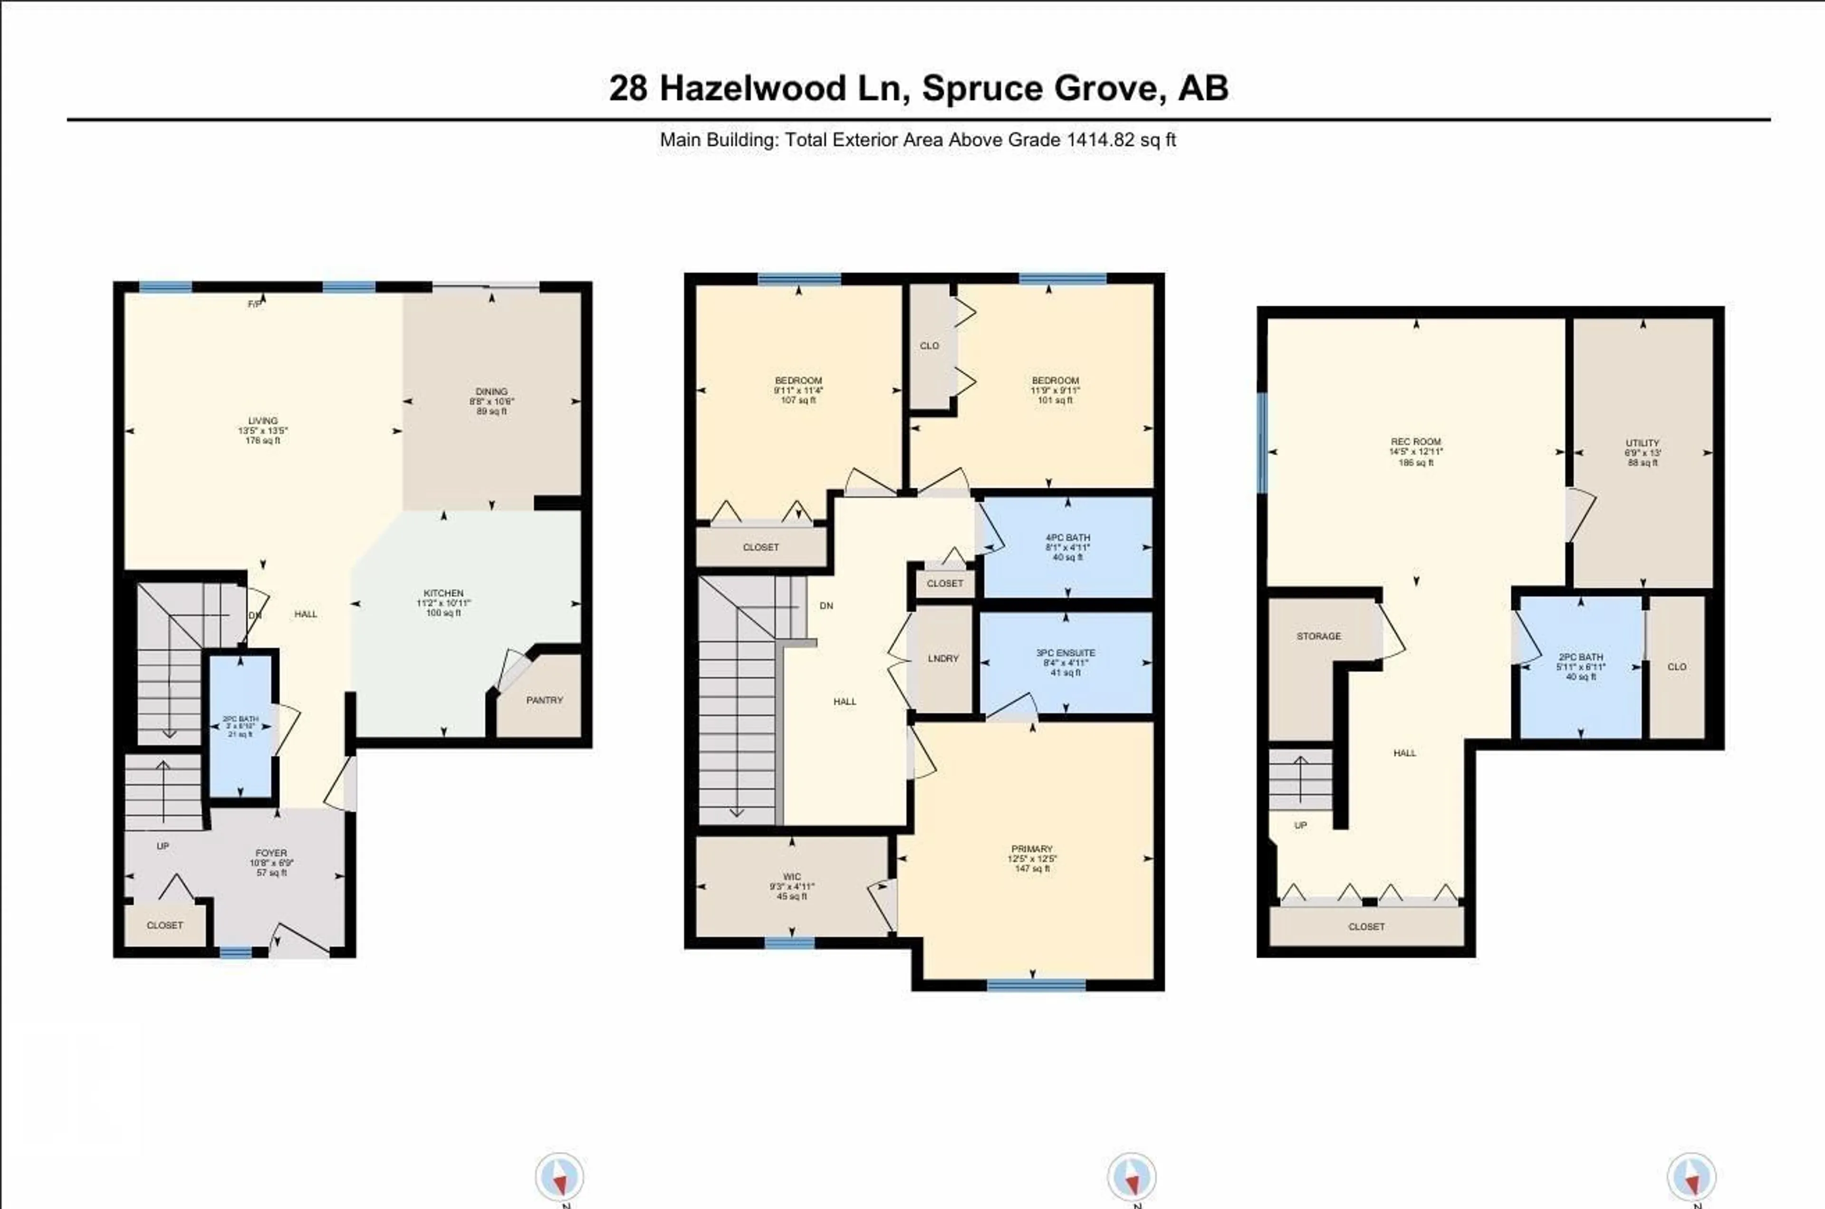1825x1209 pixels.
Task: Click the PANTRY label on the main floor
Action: coord(544,700)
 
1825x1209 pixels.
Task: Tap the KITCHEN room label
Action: coord(443,593)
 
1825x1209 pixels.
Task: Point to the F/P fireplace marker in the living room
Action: coord(254,304)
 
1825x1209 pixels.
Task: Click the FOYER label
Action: coord(270,853)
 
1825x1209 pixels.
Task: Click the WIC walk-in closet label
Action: coord(792,877)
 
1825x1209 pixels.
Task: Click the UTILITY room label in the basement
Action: coord(1642,443)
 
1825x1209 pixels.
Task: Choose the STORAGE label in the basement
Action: coord(1318,636)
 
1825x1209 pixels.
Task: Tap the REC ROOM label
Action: coord(1416,442)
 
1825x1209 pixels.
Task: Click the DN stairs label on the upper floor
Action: coord(826,606)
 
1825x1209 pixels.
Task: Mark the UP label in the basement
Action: coord(1301,825)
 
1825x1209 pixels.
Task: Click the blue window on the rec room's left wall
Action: coord(1262,443)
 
